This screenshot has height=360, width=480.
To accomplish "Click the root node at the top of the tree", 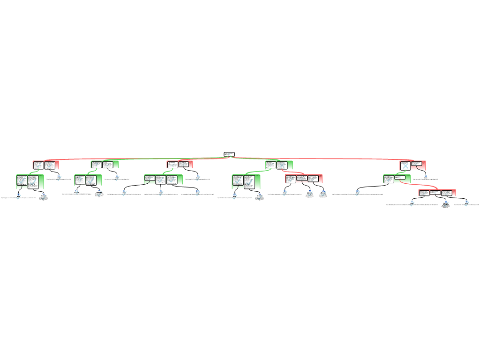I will point(229,154).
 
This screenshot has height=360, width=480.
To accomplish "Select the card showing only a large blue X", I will point(405,166).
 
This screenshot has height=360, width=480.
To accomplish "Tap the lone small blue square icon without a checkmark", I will point(426,176).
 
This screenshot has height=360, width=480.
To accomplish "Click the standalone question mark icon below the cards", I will point(76,193).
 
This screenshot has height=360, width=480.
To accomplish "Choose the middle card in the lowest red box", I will point(435,193).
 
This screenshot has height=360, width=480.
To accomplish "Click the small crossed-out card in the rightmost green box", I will point(399,178).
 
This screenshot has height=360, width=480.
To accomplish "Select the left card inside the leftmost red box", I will point(38,165).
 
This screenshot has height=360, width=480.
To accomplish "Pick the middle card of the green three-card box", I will point(161,180).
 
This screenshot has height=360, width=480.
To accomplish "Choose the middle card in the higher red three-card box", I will point(302,179).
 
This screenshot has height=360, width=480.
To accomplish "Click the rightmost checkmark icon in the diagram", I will point(466,203).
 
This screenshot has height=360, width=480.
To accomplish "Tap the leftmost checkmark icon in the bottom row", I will point(18,197).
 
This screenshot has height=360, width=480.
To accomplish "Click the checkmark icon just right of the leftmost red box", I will point(59,178).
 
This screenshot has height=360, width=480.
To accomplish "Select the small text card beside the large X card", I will point(416,164).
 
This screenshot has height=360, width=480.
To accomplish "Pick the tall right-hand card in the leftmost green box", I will point(33,182).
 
